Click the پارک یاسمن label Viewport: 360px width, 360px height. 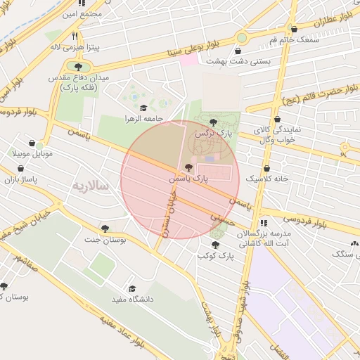188,179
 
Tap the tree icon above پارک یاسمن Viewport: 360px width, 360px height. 188,167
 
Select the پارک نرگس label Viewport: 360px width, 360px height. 214,133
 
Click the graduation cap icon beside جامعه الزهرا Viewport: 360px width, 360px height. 144,108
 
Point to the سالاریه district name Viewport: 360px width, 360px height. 90,186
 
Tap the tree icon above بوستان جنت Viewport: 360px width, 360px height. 105,228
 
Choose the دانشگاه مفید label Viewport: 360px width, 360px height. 131,300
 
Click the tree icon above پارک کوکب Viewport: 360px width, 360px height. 215,245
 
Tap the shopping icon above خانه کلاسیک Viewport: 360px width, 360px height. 266,168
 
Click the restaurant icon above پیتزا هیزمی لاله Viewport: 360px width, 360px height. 75,36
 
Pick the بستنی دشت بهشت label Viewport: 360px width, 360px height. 238,62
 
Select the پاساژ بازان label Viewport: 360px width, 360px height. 20,180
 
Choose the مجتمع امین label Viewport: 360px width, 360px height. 82,13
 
